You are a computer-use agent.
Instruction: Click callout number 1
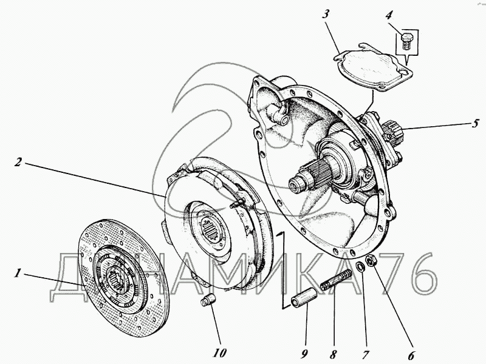18,274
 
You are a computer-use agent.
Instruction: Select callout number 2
18,162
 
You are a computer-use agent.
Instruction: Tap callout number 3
325,15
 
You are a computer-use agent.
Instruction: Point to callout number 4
389,15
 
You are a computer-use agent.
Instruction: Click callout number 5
475,124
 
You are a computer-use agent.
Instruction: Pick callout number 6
411,356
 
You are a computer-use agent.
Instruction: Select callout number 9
304,354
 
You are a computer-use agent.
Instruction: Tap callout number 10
219,352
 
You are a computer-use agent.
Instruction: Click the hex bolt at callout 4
406,41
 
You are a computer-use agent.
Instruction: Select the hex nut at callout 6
371,260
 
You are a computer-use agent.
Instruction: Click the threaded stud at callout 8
336,280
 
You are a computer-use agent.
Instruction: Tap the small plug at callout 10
208,300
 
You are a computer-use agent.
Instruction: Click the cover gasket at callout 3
373,67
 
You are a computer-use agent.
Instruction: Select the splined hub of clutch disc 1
118,280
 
